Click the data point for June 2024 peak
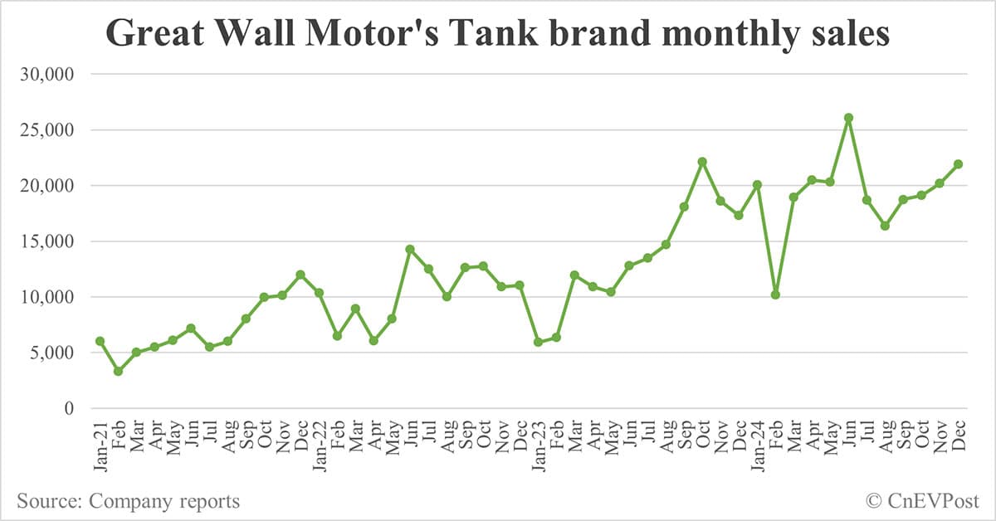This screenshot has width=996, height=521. coord(848,118)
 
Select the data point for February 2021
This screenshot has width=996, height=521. coord(118,371)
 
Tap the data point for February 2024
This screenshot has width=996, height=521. coord(775,295)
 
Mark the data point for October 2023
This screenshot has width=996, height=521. coord(702,162)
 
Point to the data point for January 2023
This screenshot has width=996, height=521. coord(538,342)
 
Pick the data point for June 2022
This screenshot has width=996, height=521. coord(410,249)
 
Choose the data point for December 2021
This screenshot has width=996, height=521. coord(300,275)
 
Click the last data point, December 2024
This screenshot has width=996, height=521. coord(958,164)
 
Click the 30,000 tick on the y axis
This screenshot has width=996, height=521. coord(47,75)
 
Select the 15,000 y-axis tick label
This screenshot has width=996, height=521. coord(47,241)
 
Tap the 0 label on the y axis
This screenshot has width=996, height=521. coord(71,408)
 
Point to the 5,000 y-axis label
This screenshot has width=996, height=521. coord(51,353)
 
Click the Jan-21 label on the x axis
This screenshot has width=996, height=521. coord(100,444)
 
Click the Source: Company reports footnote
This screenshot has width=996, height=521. coord(128,501)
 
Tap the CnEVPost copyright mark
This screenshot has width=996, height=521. coord(922,501)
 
